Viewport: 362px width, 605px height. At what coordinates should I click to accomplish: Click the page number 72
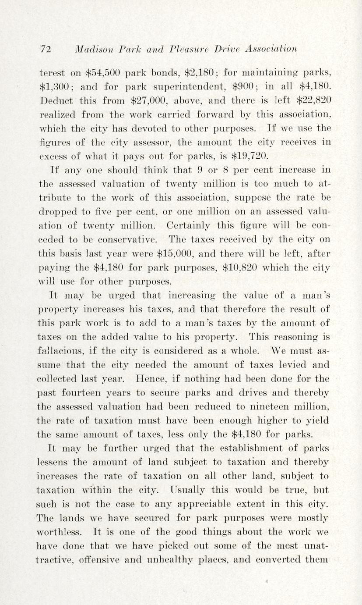tap(45, 49)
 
